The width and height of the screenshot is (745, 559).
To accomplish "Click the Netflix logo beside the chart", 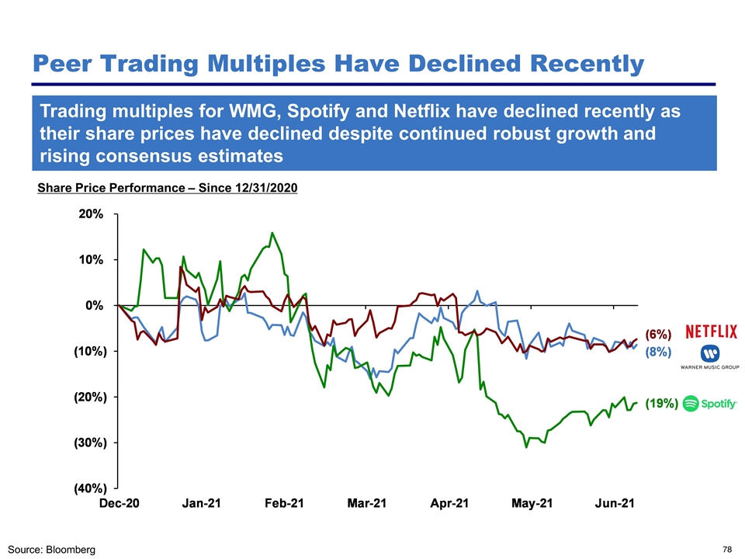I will pos(712,332).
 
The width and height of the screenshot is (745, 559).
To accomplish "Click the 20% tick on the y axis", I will pos(90,214).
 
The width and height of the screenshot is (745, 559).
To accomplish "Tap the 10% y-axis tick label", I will pos(90,259).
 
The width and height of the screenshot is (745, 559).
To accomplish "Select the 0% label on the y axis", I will pos(94,305).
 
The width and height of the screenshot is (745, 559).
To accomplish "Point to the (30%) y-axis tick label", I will pos(86,443).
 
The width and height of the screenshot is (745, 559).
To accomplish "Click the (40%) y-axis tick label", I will pos(86,488).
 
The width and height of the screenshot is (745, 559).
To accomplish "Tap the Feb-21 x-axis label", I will pos(284,504).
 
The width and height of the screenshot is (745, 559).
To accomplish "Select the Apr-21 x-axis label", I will pos(449,504).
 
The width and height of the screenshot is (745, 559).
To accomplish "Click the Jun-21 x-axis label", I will pos(614,504).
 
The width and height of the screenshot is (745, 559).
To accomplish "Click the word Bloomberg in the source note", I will pos(69,550).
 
